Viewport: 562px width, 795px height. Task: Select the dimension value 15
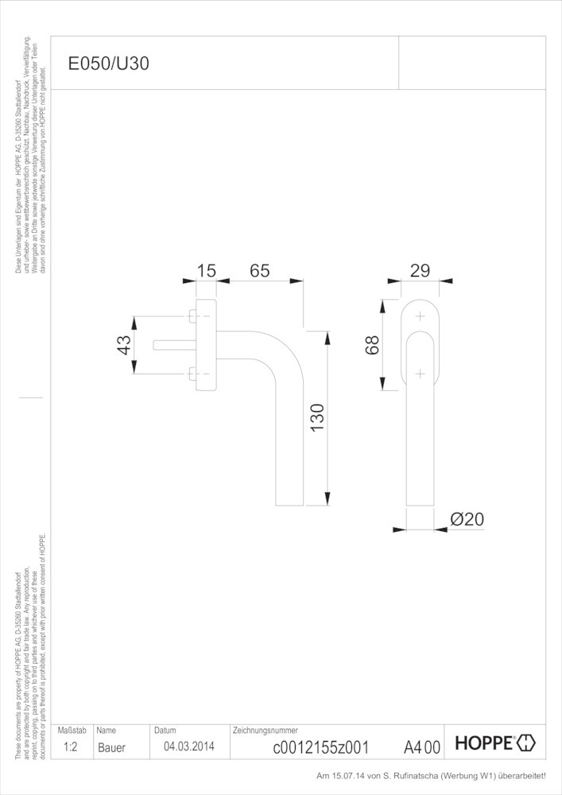click(206, 271)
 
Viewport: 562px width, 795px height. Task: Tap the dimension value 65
click(259, 271)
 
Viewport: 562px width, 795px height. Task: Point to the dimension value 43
click(124, 345)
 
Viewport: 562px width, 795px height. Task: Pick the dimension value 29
click(420, 270)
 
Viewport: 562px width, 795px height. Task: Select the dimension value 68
click(372, 344)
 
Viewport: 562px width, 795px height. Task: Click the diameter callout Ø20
click(467, 519)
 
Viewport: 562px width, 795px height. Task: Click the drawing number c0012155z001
click(320, 747)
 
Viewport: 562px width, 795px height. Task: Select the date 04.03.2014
click(188, 747)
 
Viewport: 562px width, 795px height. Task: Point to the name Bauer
click(111, 747)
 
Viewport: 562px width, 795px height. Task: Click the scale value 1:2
click(70, 747)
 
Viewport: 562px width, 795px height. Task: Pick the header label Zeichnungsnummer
click(265, 730)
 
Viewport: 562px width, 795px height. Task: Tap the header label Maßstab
click(72, 730)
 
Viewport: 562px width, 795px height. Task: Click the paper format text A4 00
click(421, 747)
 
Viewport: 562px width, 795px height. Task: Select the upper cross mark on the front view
click(420, 317)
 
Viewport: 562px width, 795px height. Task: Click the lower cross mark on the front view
click(420, 373)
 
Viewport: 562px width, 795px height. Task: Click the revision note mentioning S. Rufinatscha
click(432, 775)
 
